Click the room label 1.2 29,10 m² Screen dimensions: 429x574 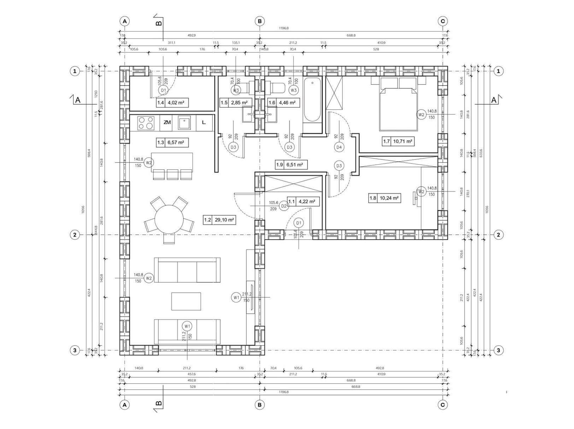[219, 220]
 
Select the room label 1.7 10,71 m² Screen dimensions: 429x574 [398, 141]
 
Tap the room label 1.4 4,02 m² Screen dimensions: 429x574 [172, 103]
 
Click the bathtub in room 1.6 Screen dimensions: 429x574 [312, 100]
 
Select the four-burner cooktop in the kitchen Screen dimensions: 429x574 [146, 123]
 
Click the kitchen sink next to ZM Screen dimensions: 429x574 [184, 123]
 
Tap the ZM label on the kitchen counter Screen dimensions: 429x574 [167, 123]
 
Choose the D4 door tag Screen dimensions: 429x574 [339, 147]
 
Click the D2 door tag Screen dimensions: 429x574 [284, 206]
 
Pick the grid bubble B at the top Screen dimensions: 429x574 [260, 21]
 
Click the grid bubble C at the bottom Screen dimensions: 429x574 [443, 405]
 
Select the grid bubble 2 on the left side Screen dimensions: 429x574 [75, 235]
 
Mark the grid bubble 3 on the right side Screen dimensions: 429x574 [498, 351]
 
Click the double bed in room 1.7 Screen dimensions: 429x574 [398, 106]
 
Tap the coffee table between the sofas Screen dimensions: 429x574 [186, 301]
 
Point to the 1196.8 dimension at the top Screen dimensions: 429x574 [283, 28]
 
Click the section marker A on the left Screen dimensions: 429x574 [77, 100]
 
